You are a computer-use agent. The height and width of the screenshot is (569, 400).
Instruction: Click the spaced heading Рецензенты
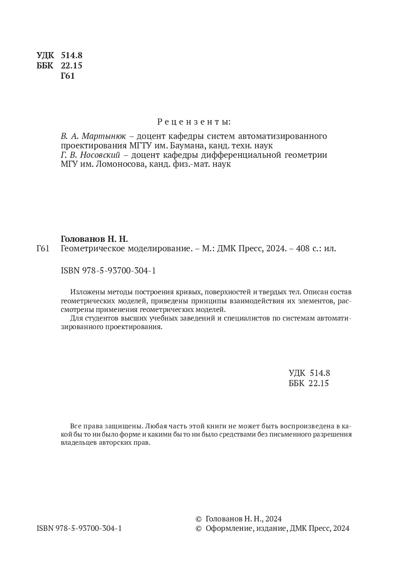click(x=194, y=122)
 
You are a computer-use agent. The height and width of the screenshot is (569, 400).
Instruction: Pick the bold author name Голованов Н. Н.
click(x=94, y=239)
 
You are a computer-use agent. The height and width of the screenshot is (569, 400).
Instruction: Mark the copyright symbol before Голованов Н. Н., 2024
click(x=199, y=519)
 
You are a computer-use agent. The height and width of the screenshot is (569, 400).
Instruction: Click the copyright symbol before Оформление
click(x=199, y=528)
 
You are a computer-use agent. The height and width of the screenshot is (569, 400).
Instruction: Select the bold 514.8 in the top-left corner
click(x=71, y=55)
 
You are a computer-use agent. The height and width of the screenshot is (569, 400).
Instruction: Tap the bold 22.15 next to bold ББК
click(x=71, y=66)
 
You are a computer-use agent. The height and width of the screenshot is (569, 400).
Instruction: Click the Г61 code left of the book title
click(x=43, y=248)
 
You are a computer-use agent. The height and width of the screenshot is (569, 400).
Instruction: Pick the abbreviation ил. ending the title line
click(x=330, y=248)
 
